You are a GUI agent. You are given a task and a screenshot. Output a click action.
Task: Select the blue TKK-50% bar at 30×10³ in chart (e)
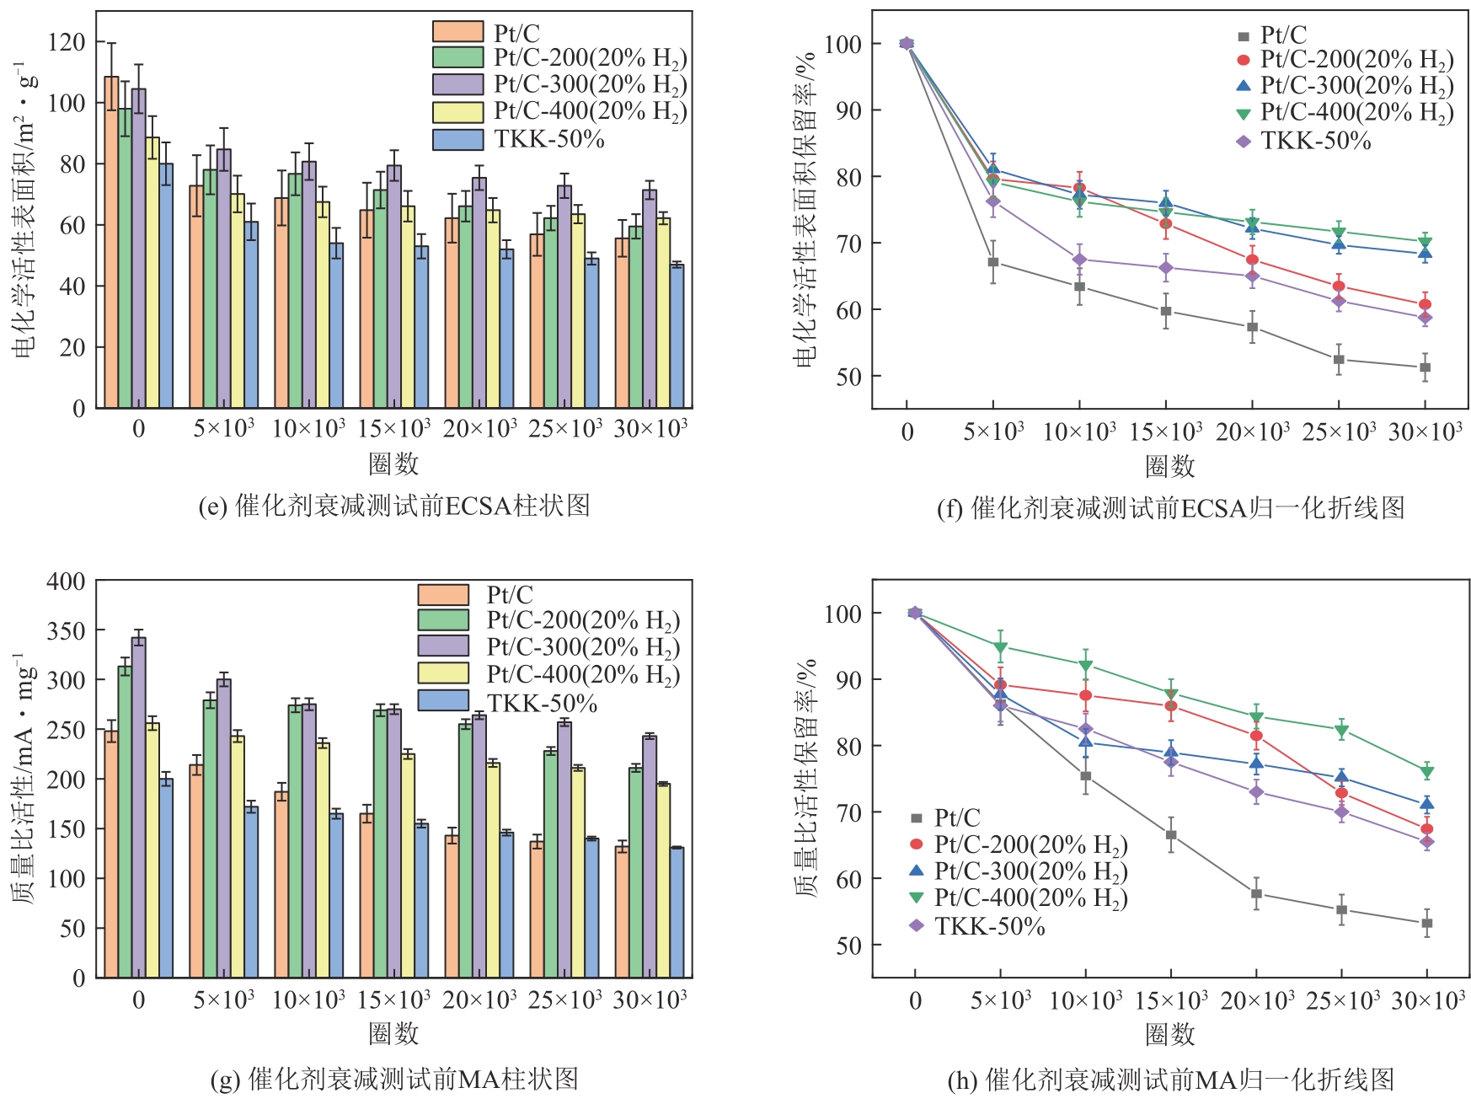(x=677, y=336)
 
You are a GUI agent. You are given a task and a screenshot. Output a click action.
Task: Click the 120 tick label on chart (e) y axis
(x=67, y=41)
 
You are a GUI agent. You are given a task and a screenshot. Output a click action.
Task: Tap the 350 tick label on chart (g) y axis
(x=66, y=630)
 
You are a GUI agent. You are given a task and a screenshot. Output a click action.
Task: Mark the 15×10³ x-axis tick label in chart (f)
(x=1165, y=431)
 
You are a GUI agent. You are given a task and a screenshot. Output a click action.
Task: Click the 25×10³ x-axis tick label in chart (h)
(x=1342, y=1000)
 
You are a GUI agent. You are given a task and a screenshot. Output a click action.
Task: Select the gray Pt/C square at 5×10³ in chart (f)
(x=993, y=262)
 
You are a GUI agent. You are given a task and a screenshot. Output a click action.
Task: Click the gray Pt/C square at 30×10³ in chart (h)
(x=1427, y=923)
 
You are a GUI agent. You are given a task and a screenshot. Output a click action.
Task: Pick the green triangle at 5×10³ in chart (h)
(x=1000, y=649)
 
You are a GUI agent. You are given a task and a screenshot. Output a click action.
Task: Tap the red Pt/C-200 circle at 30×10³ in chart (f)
(x=1425, y=304)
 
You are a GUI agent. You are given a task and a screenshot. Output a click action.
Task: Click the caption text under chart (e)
(x=394, y=506)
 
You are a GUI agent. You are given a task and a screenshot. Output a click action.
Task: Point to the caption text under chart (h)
(x=1170, y=1080)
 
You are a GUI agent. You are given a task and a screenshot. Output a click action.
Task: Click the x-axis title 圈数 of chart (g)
(x=393, y=1034)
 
